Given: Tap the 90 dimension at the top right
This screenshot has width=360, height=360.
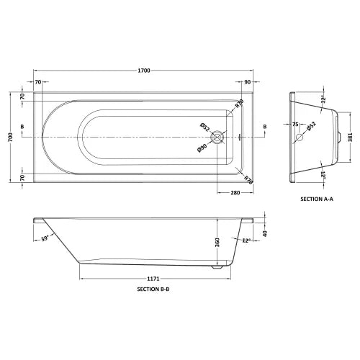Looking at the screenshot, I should pyautogui.click(x=248, y=83).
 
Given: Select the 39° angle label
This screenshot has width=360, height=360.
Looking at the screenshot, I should pyautogui.click(x=45, y=238).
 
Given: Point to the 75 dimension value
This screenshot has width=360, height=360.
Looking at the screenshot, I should pyautogui.click(x=295, y=125).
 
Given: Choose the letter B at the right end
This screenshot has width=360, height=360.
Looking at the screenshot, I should pyautogui.click(x=265, y=127).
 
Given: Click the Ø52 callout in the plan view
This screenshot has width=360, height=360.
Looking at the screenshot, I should pyautogui.click(x=204, y=125).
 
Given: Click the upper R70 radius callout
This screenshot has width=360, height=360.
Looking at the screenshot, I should pyautogui.click(x=239, y=105).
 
